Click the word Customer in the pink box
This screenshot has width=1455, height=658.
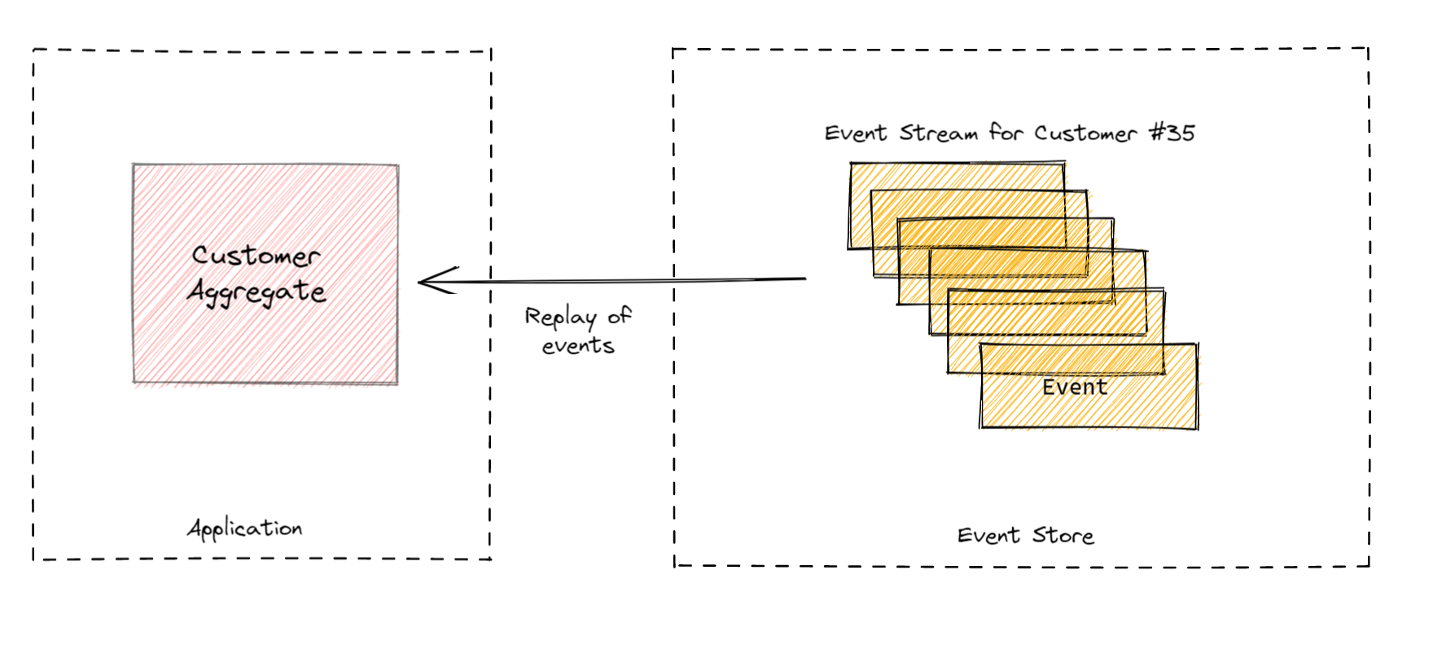[x=256, y=256]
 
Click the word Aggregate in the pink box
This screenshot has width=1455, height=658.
[x=256, y=292]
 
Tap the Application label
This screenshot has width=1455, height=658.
[x=245, y=529]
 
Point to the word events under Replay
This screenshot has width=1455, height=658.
[x=578, y=346]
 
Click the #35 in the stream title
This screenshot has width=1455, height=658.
[x=1172, y=133]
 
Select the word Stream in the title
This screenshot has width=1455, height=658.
[x=938, y=133]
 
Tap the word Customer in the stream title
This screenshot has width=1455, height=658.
[x=1085, y=133]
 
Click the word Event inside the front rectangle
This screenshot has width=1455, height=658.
[x=1075, y=387]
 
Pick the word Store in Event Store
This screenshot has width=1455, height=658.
[x=1063, y=536]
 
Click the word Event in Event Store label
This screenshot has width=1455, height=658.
[x=988, y=536]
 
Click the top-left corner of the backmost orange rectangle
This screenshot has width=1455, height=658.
[x=852, y=164]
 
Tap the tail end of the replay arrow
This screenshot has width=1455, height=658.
[x=804, y=279]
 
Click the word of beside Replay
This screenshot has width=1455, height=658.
[x=619, y=316]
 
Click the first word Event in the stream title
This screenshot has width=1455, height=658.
[x=855, y=134]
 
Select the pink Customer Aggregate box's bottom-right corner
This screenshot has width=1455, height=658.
[x=397, y=382]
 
